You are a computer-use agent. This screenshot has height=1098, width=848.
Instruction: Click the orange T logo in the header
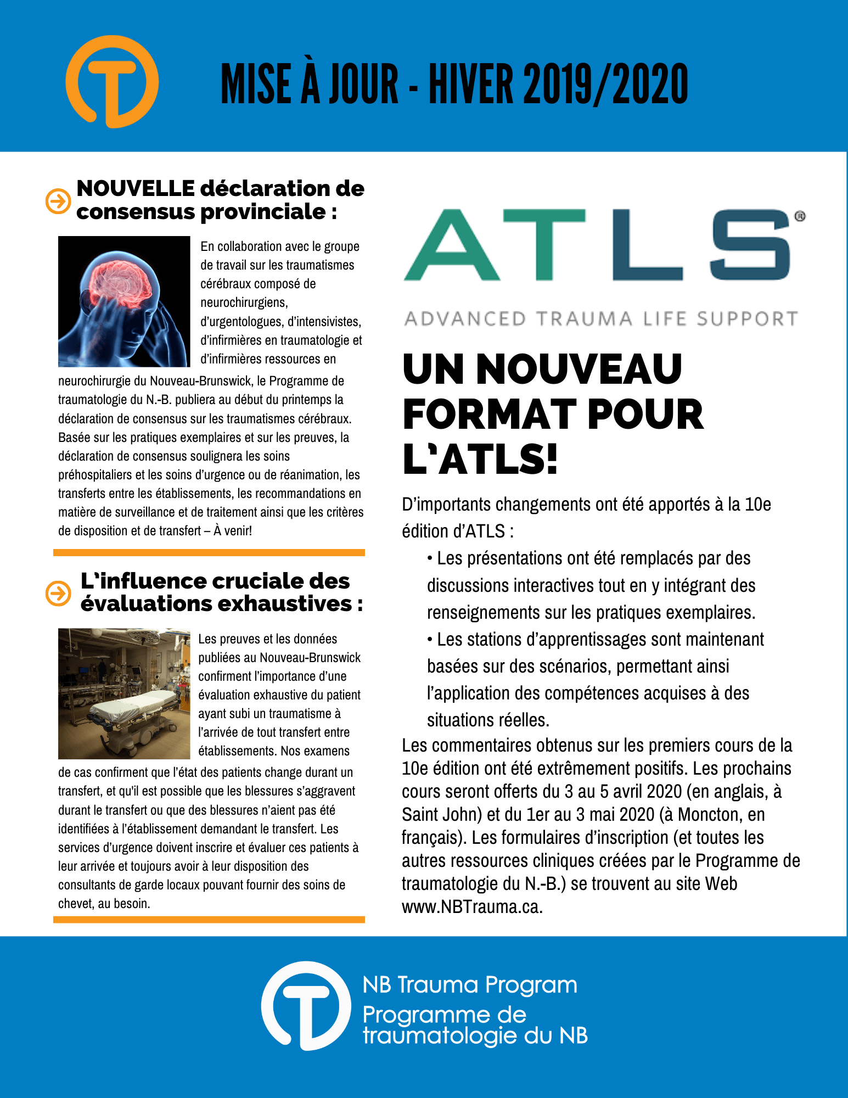tap(112, 82)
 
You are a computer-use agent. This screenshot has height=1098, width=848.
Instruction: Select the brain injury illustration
tap(124, 301)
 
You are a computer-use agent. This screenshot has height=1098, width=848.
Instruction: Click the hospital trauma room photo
tap(124, 693)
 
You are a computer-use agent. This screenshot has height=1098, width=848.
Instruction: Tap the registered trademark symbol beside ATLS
tap(800, 216)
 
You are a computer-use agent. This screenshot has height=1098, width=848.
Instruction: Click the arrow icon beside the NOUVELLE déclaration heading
tap(58, 201)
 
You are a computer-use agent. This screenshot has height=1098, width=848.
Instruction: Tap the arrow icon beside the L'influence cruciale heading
tap(58, 593)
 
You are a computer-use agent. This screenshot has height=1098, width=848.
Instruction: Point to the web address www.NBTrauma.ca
tap(472, 906)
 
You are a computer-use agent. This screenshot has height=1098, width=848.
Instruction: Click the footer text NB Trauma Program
tap(470, 985)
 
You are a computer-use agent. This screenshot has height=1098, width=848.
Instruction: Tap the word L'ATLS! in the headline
tap(480, 460)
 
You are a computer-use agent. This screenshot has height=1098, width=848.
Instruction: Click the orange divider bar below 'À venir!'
tap(209, 552)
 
